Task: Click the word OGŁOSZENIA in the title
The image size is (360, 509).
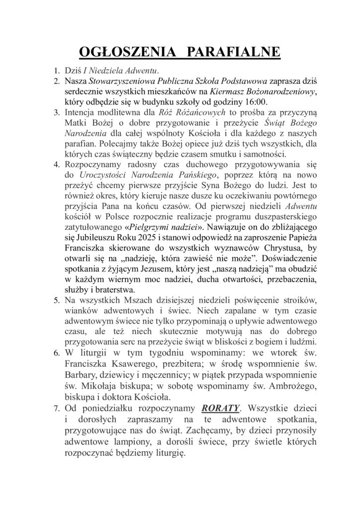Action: [x=117, y=53]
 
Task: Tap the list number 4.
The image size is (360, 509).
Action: [x=57, y=165]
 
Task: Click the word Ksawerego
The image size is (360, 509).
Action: [x=128, y=365]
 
